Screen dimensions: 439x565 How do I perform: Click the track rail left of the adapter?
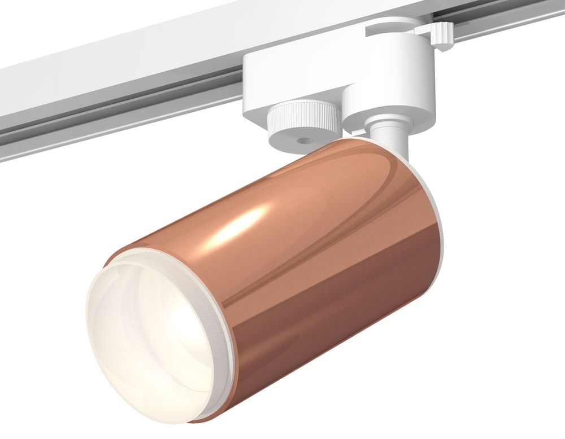pyautogui.click(x=113, y=85)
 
